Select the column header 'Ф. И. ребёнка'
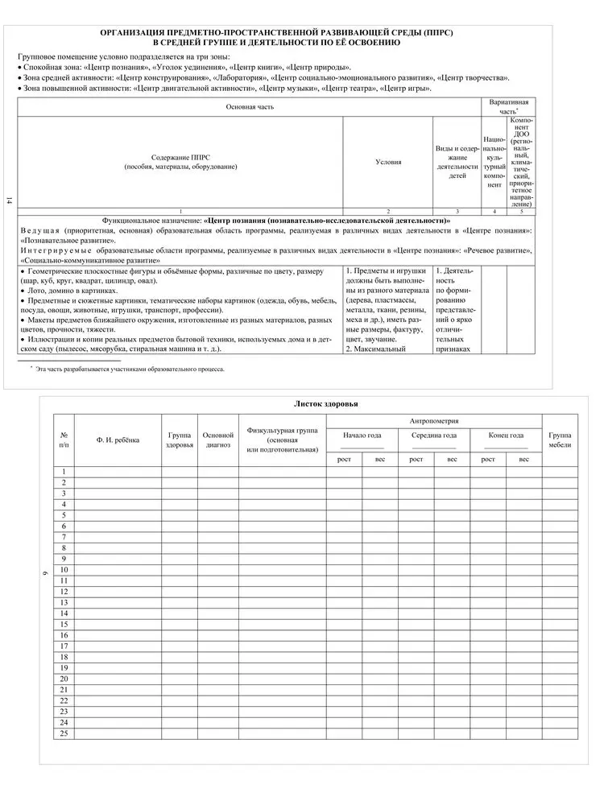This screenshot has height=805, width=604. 118,440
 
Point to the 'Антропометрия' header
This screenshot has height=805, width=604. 434,420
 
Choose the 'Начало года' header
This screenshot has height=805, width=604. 362,436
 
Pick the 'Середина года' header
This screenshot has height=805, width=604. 434,436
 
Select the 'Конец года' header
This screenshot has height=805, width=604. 506,436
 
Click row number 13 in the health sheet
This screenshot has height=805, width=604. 64,602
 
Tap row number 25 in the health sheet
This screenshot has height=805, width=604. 64,733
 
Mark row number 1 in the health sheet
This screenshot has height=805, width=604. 64,471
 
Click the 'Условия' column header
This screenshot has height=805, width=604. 388,162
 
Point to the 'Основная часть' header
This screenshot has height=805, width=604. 249,106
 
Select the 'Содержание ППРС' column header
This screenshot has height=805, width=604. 180,162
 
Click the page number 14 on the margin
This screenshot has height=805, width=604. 9,201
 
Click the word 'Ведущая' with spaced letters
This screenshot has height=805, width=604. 39,230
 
